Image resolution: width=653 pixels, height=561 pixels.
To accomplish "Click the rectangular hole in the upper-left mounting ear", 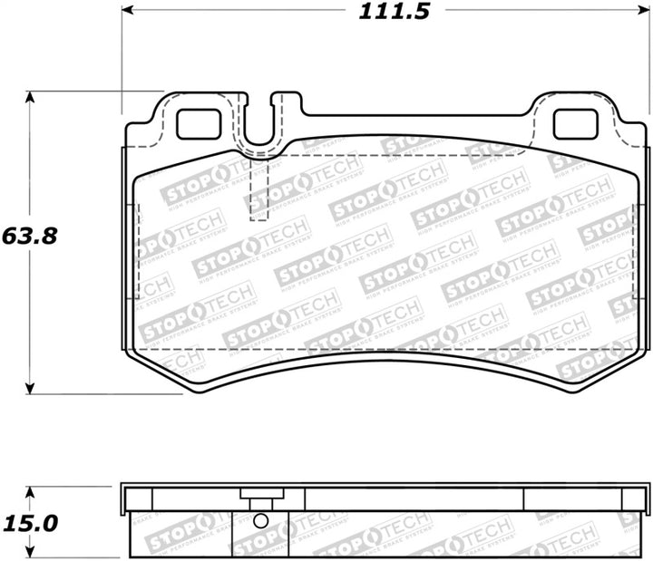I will tap(197, 123).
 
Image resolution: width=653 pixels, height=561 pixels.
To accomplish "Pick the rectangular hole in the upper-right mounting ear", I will tap(574, 123).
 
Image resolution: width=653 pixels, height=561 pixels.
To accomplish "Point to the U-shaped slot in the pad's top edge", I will tap(260, 127).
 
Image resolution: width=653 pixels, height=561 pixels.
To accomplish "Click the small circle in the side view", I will tap(260, 521).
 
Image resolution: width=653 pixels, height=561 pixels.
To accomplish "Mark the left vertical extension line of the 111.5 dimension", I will tap(121, 54).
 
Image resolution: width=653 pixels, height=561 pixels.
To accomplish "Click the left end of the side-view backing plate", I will tap(126, 498).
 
